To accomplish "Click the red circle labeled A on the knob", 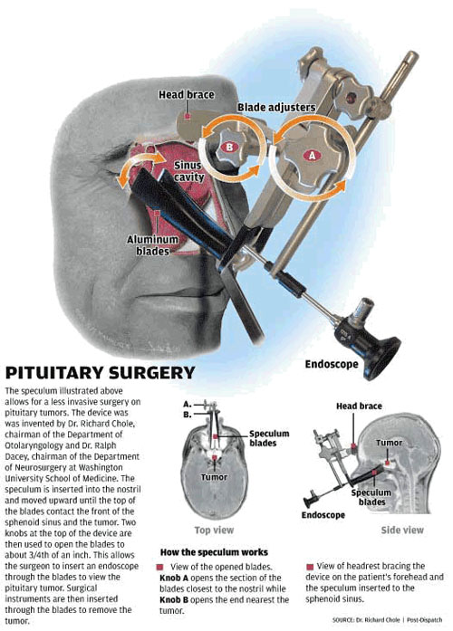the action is [x=312, y=155].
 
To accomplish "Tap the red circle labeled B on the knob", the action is [x=229, y=148].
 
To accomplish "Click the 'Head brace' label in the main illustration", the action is [x=186, y=94].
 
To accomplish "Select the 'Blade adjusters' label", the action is [x=275, y=108].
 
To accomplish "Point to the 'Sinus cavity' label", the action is [x=188, y=171].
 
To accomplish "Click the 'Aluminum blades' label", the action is [x=152, y=245].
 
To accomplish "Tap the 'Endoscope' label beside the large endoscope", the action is [x=332, y=364].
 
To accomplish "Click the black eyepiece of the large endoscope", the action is [x=382, y=359].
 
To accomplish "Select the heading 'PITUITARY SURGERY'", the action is [x=100, y=373].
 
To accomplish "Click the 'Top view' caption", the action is [x=214, y=530].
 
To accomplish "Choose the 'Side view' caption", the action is [x=402, y=530].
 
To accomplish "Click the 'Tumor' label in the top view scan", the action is [x=214, y=477].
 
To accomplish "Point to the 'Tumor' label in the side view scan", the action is [x=389, y=443].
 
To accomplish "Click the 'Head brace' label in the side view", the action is [x=359, y=406].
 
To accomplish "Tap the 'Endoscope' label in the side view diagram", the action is [x=323, y=515].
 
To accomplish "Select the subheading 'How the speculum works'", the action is [x=214, y=552].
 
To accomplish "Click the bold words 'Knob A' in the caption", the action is [x=174, y=578].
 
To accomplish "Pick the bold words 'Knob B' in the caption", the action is [x=174, y=599].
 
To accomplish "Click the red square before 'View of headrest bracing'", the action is [x=310, y=567].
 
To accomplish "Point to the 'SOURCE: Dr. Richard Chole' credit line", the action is [x=366, y=620].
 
